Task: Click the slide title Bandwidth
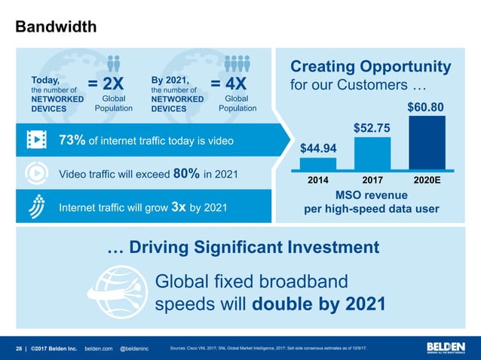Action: [56, 27]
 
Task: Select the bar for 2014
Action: [318, 163]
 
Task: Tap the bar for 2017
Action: [372, 154]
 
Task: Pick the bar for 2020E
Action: [427, 143]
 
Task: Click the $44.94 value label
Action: [318, 148]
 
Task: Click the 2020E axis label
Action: [427, 182]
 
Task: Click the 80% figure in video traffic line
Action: [186, 173]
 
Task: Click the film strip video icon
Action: [36, 140]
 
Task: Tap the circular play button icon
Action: [36, 173]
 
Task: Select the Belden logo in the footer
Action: [446, 347]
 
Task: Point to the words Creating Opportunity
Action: [370, 67]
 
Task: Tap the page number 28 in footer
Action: [20, 348]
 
